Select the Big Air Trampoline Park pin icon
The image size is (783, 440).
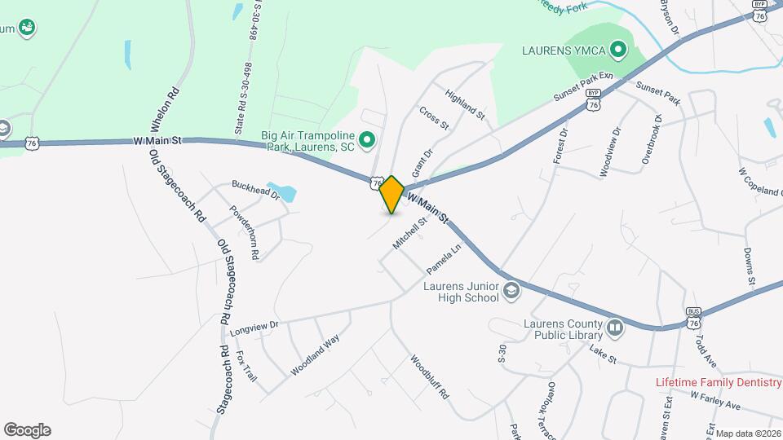366,142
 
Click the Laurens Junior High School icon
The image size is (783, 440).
511,290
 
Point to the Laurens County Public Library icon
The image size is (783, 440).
615,328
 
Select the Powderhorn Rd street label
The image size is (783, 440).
244,232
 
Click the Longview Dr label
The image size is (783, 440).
254,328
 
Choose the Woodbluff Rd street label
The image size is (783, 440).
430,376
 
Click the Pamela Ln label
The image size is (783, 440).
445,258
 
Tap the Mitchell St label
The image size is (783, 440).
410,233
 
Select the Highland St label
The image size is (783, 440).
466,106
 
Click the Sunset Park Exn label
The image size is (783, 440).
583,86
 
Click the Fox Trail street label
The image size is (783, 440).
246,367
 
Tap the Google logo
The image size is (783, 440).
27,430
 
